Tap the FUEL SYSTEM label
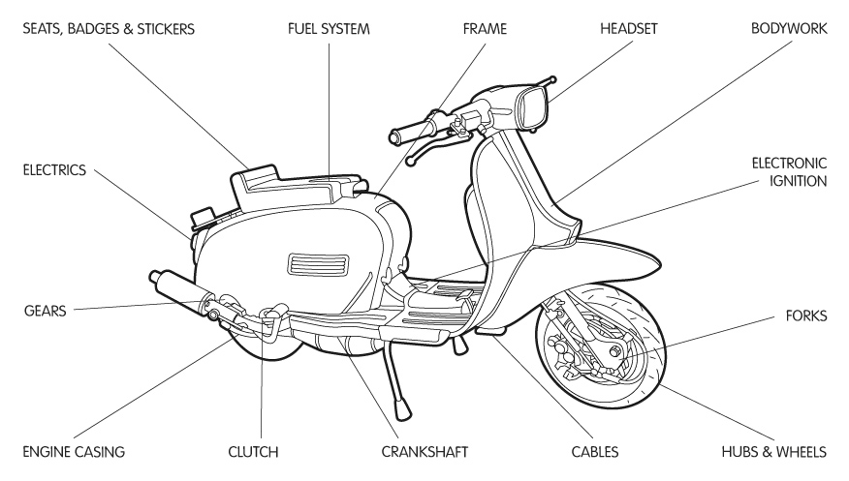pos(329,29)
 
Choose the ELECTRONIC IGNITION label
pos(787,171)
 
